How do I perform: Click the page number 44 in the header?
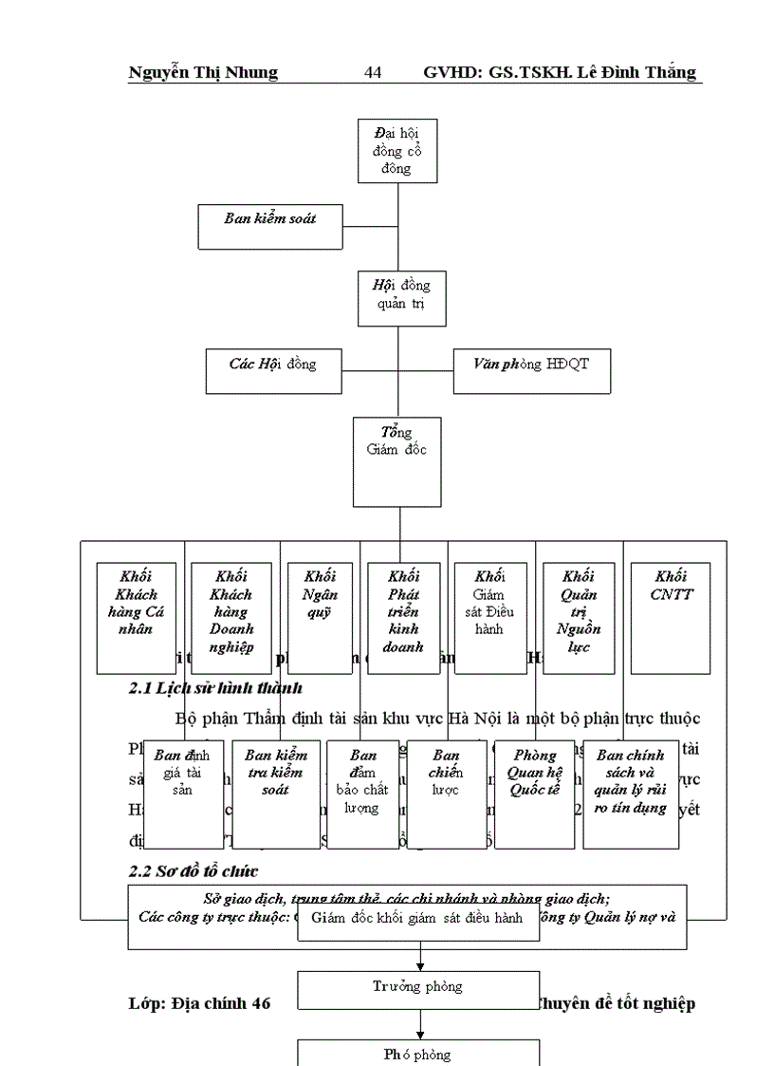pyautogui.click(x=373, y=73)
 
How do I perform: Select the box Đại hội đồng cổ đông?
pyautogui.click(x=397, y=151)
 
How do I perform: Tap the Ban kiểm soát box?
pyautogui.click(x=269, y=226)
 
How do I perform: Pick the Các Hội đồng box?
pyautogui.click(x=273, y=370)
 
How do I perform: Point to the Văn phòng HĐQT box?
pyautogui.click(x=531, y=370)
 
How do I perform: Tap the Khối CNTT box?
pyautogui.click(x=670, y=618)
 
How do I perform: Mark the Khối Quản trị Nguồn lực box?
pyautogui.click(x=578, y=618)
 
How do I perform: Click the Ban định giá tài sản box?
pyautogui.click(x=183, y=795)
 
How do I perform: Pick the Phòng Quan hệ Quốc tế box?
pyautogui.click(x=534, y=795)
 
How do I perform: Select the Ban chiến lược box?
pyautogui.click(x=446, y=795)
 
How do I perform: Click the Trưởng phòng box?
pyautogui.click(x=418, y=989)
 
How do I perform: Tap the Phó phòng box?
pyautogui.click(x=418, y=1054)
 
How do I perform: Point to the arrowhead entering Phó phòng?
pyautogui.click(x=419, y=1034)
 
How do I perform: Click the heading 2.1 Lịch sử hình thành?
pyautogui.click(x=215, y=687)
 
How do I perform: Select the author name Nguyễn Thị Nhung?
pyautogui.click(x=203, y=73)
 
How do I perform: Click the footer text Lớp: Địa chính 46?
pyautogui.click(x=199, y=1004)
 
